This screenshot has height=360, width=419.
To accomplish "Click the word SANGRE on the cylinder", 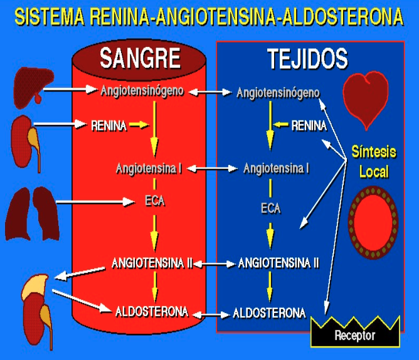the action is coord(140,58).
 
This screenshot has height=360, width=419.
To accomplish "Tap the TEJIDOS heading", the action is coord(307,59).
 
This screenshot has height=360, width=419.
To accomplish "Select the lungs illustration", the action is coord(32,213).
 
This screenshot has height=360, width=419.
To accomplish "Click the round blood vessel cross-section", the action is coord(373,223).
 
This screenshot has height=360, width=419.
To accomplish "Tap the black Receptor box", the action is coord(355,332).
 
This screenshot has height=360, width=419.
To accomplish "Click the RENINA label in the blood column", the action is coord(109,125).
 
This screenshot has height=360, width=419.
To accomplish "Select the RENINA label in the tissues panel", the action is coord(309,125).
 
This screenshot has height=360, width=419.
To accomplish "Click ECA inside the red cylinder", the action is coord(155,201).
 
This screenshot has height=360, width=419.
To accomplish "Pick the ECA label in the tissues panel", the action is coord(271,208).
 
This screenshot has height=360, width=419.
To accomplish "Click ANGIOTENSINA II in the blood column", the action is coord(152,263).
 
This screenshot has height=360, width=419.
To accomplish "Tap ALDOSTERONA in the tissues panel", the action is coord(269,313).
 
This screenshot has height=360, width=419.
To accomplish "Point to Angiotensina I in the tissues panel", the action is coord(277,168).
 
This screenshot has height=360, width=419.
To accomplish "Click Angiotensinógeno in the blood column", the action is coord(142,91).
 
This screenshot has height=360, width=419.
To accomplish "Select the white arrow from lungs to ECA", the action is coord(95,202).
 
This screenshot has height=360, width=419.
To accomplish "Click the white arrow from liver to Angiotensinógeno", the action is coord(70,90).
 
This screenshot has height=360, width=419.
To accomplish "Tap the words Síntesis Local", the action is coord(374,161).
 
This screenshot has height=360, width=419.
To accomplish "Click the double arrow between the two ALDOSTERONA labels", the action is coord(211,315).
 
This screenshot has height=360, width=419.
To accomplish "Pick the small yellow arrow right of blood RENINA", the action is coord(139,125).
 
